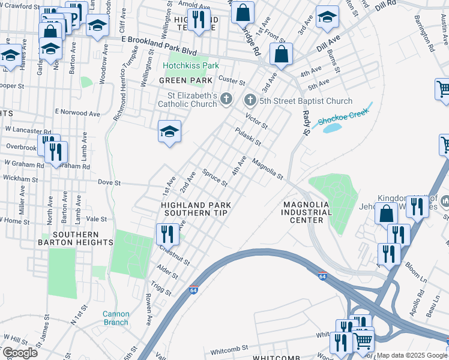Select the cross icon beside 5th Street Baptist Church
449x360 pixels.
[250, 99]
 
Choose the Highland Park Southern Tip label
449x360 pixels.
[196, 209]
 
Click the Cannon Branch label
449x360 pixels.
[115, 318]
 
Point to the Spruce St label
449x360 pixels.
[215, 178]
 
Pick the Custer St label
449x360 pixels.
[232, 80]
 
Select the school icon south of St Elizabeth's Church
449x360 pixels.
[170, 131]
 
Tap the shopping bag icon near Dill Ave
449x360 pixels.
[281, 54]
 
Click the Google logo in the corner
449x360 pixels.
[19, 353]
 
